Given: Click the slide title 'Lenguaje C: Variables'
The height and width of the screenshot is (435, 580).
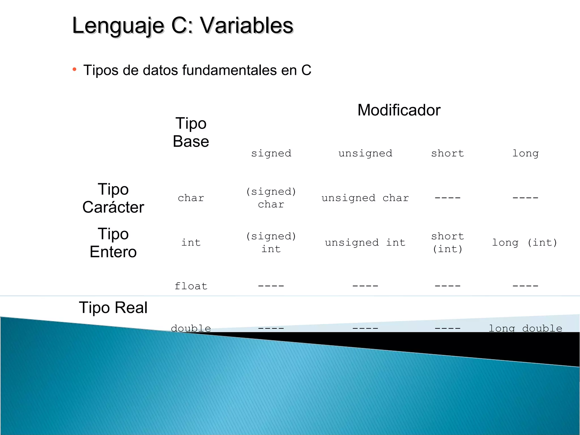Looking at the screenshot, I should click(x=183, y=25).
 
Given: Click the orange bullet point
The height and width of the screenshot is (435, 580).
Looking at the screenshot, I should click(x=74, y=69).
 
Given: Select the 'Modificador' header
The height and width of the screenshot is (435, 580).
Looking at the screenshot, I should click(x=399, y=110).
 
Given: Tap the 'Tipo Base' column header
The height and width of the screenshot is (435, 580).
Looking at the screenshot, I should click(x=191, y=132).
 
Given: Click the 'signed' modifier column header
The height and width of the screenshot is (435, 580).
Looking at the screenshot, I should click(x=271, y=153).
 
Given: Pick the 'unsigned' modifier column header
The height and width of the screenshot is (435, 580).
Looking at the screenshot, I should click(x=365, y=153).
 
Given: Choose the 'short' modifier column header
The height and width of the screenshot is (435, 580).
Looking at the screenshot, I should click(x=447, y=153).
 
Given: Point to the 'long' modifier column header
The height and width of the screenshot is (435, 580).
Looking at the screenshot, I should click(x=525, y=153).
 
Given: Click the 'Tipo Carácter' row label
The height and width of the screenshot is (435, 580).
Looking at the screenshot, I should click(x=113, y=198).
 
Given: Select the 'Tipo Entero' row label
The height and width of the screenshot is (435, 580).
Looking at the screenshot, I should click(x=113, y=243).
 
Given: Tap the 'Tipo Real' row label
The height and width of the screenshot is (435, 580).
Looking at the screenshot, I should click(x=113, y=308).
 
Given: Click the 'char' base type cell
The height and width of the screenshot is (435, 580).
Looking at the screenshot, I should click(x=191, y=198).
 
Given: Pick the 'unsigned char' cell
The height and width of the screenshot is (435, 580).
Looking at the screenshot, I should click(x=365, y=198).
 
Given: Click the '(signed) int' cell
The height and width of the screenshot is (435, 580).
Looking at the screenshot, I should click(x=271, y=243).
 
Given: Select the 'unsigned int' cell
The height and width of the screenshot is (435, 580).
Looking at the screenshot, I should click(x=365, y=243).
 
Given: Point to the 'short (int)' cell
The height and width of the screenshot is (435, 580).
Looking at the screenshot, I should click(x=447, y=243).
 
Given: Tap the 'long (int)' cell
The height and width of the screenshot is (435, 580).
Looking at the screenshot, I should click(x=525, y=243).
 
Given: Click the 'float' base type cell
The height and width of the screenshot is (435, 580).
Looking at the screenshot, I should click(x=191, y=286).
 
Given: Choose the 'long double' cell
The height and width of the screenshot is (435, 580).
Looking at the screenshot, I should click(x=525, y=328).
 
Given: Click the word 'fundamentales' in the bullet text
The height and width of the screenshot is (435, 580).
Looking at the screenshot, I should click(x=229, y=70).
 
